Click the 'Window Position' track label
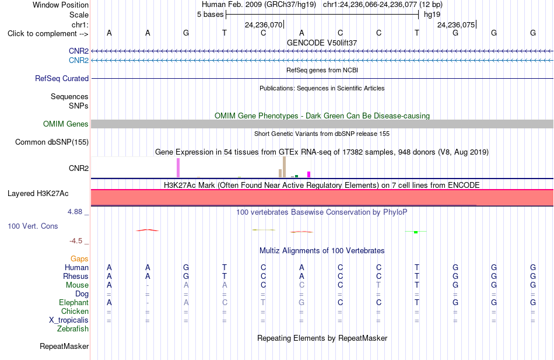coord(61,5)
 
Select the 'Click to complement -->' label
coord(48,34)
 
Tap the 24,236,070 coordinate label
coord(264,25)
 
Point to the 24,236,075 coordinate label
coord(456,25)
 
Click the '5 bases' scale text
coord(210,15)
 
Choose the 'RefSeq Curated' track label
coord(62,79)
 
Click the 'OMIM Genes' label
coord(66,124)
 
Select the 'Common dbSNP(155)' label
coord(52,142)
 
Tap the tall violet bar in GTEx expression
coord(178,167)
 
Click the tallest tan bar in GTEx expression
coord(284,167)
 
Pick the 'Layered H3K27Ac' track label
coord(38,194)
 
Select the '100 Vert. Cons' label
coord(33,226)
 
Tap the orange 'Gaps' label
coord(79,259)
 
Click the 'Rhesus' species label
coord(76,276)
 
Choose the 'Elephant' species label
coord(74,303)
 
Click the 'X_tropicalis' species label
coord(69,320)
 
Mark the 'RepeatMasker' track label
coord(64,346)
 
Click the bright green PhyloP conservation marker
coord(416,232)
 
